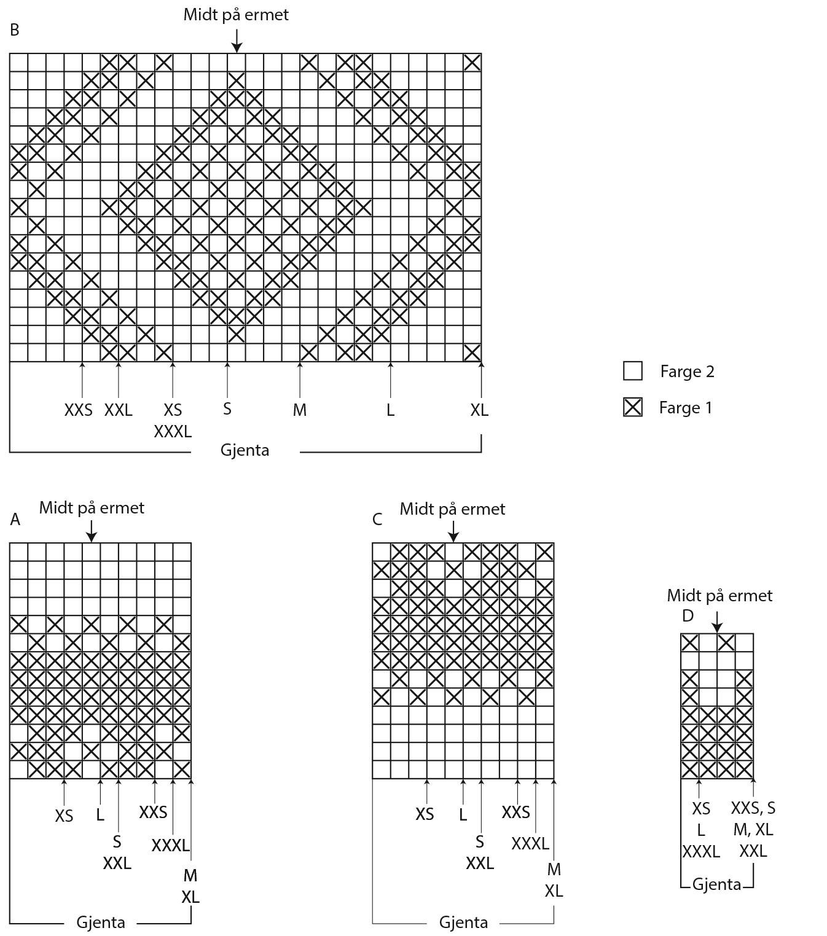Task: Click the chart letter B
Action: point(15,29)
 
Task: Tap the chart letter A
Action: point(15,520)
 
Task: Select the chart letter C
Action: point(377,520)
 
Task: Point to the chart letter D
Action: point(688,615)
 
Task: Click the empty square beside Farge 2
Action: point(632,371)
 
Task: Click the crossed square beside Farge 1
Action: point(632,407)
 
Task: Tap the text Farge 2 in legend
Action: point(687,371)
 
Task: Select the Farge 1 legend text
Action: point(686,407)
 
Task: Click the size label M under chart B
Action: point(299,410)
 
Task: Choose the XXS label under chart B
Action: point(78,410)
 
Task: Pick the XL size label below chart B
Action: point(479,410)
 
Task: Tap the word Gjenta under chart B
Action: point(245,450)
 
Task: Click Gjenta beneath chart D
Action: point(716,884)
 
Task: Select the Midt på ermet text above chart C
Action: point(452,509)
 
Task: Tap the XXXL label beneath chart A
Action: point(171,845)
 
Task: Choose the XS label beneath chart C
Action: point(425,814)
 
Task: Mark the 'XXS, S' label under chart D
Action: point(753,808)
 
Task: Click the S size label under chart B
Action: point(227,408)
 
